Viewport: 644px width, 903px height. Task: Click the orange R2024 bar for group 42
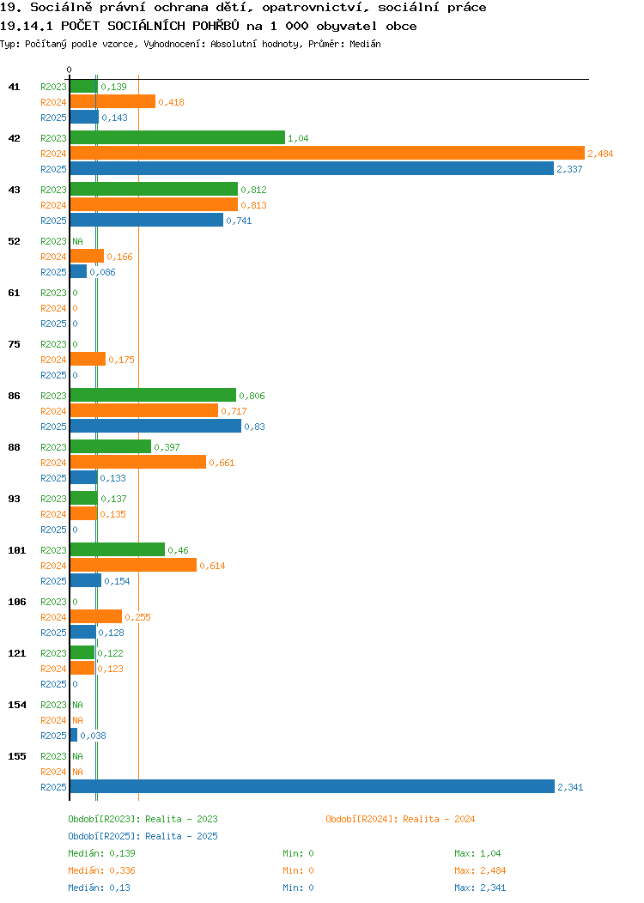click(x=327, y=153)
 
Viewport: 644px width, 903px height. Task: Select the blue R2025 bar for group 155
click(x=313, y=786)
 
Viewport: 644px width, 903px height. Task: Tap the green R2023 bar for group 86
click(x=153, y=395)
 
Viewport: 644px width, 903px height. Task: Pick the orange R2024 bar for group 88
click(x=138, y=462)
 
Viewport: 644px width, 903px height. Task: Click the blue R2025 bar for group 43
click(x=147, y=220)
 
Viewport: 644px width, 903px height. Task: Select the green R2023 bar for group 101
click(x=118, y=549)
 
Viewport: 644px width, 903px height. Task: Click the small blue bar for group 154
click(x=74, y=735)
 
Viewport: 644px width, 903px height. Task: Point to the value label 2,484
click(x=600, y=154)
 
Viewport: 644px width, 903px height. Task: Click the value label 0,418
click(x=171, y=102)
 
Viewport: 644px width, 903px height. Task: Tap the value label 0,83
click(x=255, y=427)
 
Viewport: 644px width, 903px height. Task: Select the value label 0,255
click(x=137, y=617)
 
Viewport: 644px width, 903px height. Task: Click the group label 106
click(x=16, y=602)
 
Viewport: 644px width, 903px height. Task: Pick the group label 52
click(x=15, y=241)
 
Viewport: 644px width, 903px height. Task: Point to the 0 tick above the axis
click(x=70, y=70)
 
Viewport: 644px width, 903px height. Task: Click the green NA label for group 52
click(x=78, y=241)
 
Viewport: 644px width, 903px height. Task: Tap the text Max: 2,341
click(x=480, y=888)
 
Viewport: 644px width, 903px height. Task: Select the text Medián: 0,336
click(x=101, y=870)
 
